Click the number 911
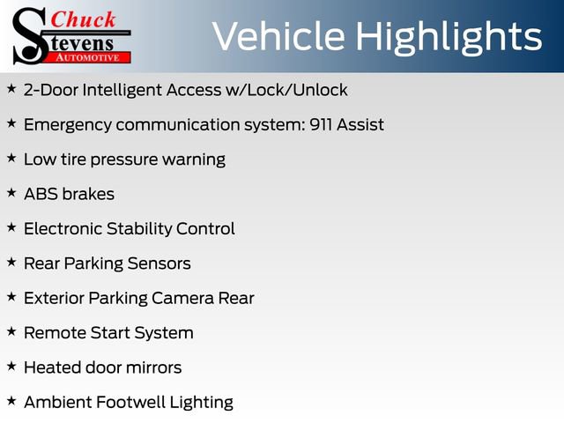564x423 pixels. [323, 124]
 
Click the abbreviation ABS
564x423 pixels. [41, 194]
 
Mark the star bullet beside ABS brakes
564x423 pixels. [11, 192]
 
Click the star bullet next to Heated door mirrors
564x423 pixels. [11, 365]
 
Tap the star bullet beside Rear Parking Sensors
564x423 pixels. [11, 261]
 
